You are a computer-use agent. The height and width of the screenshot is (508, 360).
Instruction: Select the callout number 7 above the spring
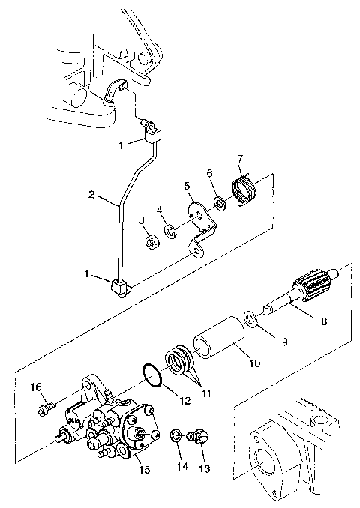point(240,159)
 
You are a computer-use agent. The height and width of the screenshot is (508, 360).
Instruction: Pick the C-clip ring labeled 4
point(172,231)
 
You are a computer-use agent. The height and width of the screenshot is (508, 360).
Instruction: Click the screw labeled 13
point(201,437)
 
